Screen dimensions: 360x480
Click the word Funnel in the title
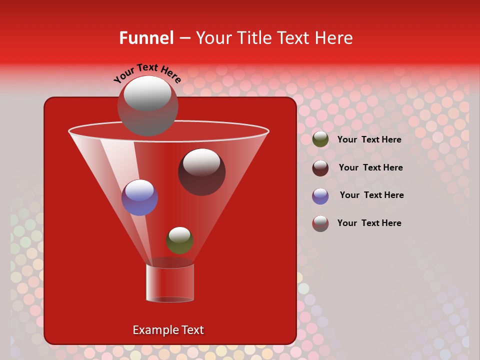[x=146, y=38]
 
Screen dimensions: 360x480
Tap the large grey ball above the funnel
[x=147, y=106]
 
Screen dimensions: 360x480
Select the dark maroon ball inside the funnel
[x=201, y=172]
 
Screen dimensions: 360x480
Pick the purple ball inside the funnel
[x=139, y=197]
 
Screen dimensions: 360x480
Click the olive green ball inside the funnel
[x=179, y=240]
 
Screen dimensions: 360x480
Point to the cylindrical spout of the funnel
[x=169, y=283]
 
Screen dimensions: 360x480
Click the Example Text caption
[x=168, y=330]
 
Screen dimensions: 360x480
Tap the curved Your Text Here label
[x=147, y=72]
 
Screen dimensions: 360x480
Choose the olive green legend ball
[x=320, y=139]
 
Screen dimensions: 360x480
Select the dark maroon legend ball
[x=320, y=168]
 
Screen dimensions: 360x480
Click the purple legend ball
[x=320, y=196]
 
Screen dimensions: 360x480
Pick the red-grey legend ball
[x=320, y=223]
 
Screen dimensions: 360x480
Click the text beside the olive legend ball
[x=369, y=139]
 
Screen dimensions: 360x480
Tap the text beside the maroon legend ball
[x=370, y=167]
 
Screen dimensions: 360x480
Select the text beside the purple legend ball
[x=371, y=195]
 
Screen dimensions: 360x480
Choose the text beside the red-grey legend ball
[x=369, y=223]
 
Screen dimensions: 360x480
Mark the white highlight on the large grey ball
[x=147, y=93]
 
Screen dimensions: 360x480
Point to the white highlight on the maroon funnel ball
[x=201, y=161]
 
